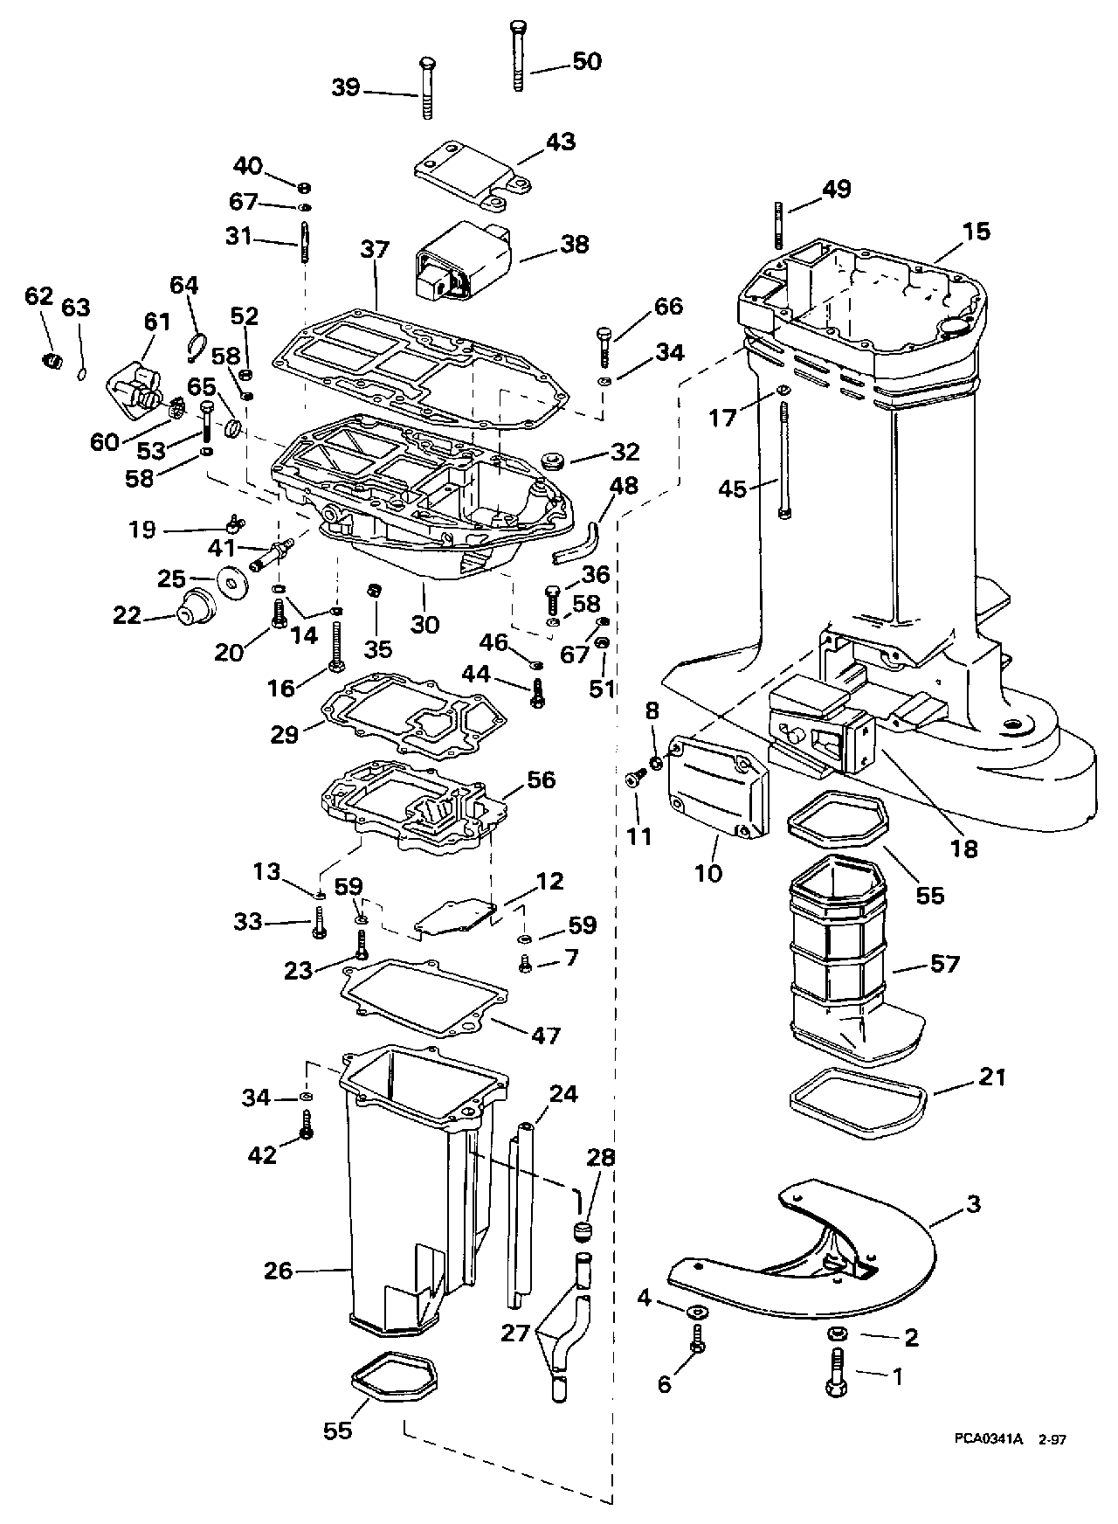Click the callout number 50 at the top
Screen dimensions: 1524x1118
pyautogui.click(x=587, y=61)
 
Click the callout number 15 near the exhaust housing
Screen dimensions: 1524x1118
pyautogui.click(x=977, y=232)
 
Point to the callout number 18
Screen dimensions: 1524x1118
pyautogui.click(x=965, y=848)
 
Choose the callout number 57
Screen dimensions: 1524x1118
pyautogui.click(x=945, y=964)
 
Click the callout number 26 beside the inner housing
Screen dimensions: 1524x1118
pyautogui.click(x=279, y=1270)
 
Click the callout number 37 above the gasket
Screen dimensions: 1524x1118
pyautogui.click(x=375, y=250)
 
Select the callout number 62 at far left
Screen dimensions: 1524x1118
pyautogui.click(x=39, y=296)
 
